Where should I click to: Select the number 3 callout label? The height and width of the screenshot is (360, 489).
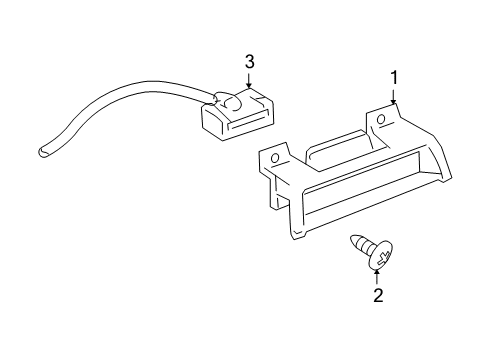click(x=250, y=62)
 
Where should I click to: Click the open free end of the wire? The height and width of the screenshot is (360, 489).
click(x=43, y=151)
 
